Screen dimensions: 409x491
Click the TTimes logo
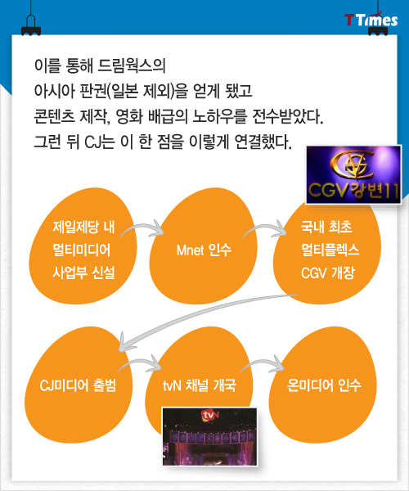tap(371, 20)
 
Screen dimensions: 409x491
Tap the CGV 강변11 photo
tap(353, 175)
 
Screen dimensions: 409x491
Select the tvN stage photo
tap(209, 436)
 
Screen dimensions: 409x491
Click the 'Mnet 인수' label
tap(204, 250)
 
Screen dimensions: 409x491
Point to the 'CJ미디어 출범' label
tap(78, 385)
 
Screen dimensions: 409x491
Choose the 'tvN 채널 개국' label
tap(200, 385)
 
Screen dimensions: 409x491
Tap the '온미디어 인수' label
tap(324, 385)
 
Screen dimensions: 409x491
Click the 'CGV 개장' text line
tap(328, 273)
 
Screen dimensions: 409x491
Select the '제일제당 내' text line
tap(83, 227)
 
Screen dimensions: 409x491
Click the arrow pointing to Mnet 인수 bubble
tap(142, 226)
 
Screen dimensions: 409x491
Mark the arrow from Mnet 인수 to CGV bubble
tap(265, 227)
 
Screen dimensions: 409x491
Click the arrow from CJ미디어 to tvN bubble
tap(139, 362)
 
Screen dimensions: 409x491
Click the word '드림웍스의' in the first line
tap(132, 66)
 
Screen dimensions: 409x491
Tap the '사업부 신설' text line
tap(83, 273)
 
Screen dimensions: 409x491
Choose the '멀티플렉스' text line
tap(330, 250)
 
